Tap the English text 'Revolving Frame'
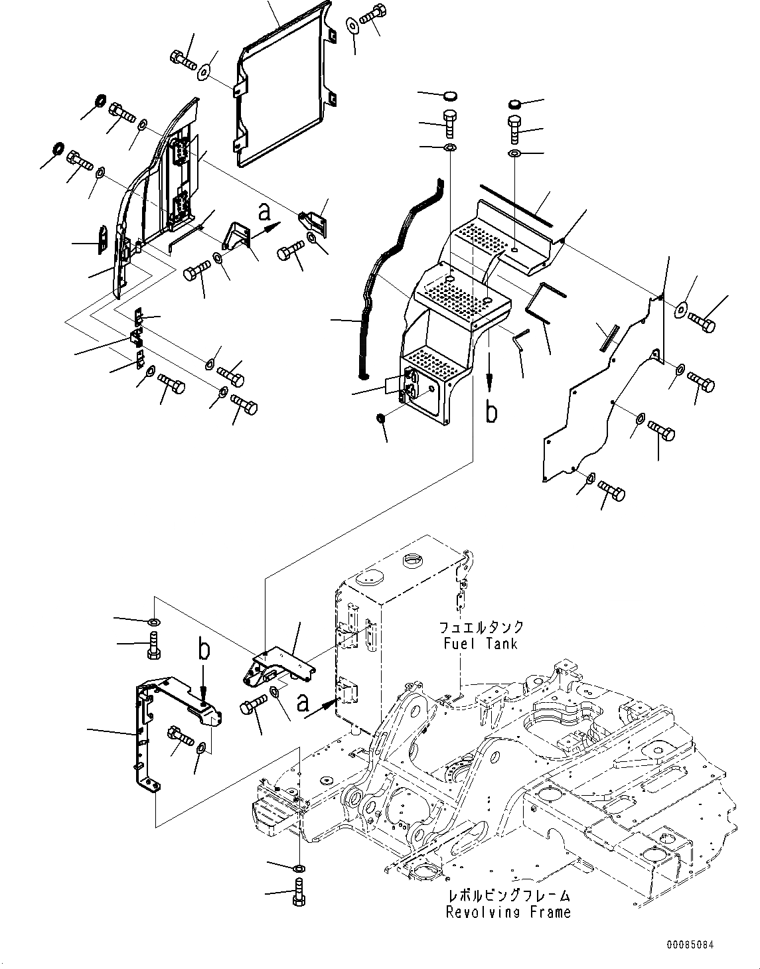(x=508, y=913)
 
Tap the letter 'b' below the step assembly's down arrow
(x=491, y=412)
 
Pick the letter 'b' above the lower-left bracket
(x=204, y=649)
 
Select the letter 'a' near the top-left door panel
(x=265, y=212)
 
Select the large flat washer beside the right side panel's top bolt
(x=682, y=309)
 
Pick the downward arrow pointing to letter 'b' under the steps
(x=489, y=378)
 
